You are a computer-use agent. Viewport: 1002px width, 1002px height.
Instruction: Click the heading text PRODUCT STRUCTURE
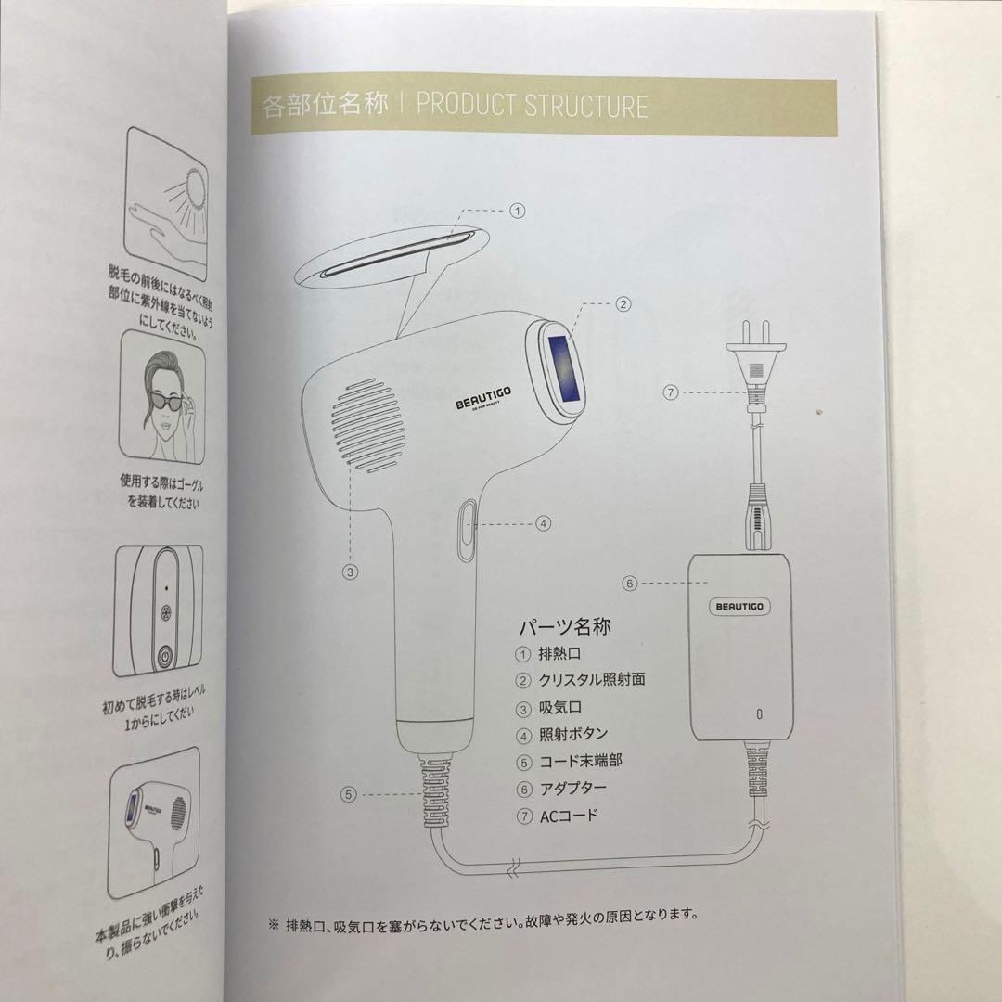point(532,105)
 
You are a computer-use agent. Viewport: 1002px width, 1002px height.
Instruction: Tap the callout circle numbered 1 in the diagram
point(518,211)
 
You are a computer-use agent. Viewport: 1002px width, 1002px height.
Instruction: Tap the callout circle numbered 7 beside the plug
point(672,392)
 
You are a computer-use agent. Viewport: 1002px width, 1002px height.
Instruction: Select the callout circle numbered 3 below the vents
point(350,572)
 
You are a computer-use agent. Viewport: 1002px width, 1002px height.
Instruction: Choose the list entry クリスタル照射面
point(592,680)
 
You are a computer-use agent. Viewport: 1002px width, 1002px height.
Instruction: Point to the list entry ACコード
point(569,816)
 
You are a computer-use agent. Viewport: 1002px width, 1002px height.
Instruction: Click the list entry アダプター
point(573,789)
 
